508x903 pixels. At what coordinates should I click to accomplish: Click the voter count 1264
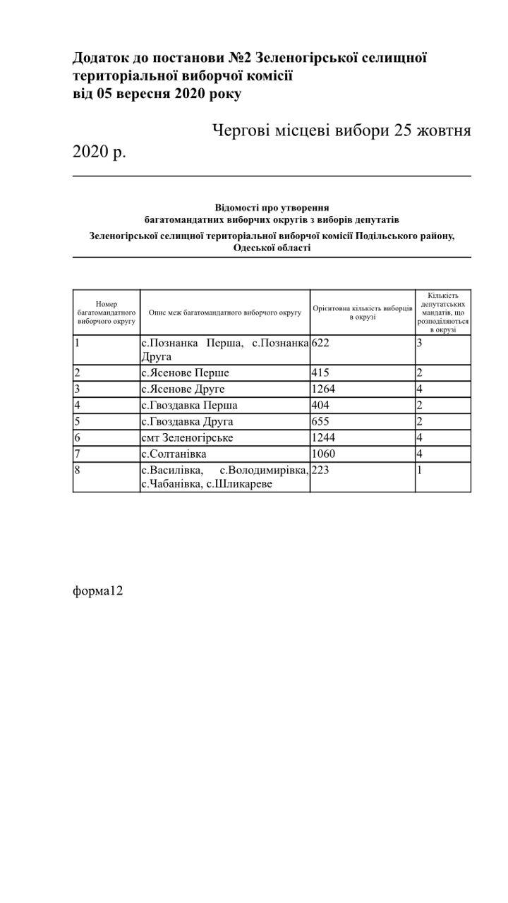(x=324, y=389)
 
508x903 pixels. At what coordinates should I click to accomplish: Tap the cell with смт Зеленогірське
(x=187, y=438)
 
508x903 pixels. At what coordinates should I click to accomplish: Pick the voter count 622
(x=320, y=343)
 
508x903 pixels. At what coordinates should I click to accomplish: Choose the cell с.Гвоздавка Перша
(x=189, y=406)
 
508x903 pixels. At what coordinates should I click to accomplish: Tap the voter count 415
(x=320, y=372)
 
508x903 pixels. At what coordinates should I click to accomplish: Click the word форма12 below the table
(x=98, y=591)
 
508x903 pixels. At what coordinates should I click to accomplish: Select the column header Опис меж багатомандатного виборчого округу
(x=224, y=312)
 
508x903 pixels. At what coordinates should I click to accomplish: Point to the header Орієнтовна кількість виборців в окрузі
(x=362, y=313)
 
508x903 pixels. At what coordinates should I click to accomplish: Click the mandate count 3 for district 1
(x=419, y=343)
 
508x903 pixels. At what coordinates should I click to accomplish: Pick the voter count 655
(x=320, y=422)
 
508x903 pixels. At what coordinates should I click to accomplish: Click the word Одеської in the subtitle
(x=254, y=248)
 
